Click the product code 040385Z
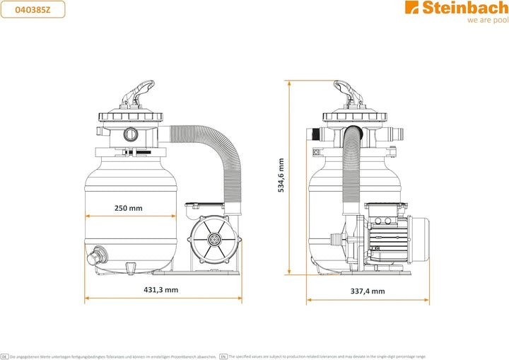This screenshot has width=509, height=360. click(x=33, y=10)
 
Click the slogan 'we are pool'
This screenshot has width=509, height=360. click(x=488, y=20)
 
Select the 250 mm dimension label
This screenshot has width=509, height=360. click(x=129, y=208)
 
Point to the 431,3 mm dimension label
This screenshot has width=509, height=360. click(x=161, y=290)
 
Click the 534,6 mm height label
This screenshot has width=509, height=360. click(x=281, y=175)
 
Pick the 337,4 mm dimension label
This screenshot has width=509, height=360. click(x=368, y=291)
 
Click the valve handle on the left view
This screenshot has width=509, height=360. click(x=138, y=93)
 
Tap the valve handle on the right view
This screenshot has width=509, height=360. click(x=349, y=93)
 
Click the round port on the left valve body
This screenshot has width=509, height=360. click(x=131, y=134)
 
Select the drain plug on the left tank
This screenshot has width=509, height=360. click(x=97, y=256)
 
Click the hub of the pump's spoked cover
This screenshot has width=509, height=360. click(x=214, y=240)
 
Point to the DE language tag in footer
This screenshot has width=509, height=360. click(x=4, y=356)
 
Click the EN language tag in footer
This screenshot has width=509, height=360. click(x=223, y=356)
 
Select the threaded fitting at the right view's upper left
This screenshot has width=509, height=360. click(x=314, y=134)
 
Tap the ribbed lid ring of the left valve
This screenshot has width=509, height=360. click(x=131, y=116)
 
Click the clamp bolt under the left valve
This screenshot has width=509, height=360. click(x=137, y=152)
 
